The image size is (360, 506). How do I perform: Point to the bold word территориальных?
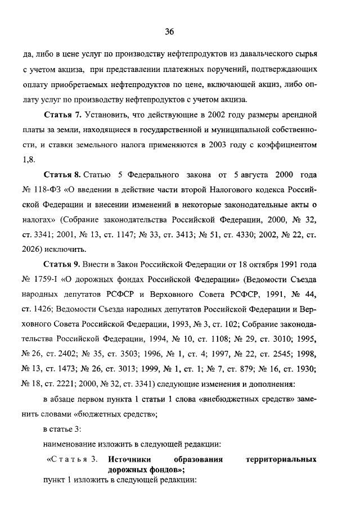pyautogui.click(x=281, y=459)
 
